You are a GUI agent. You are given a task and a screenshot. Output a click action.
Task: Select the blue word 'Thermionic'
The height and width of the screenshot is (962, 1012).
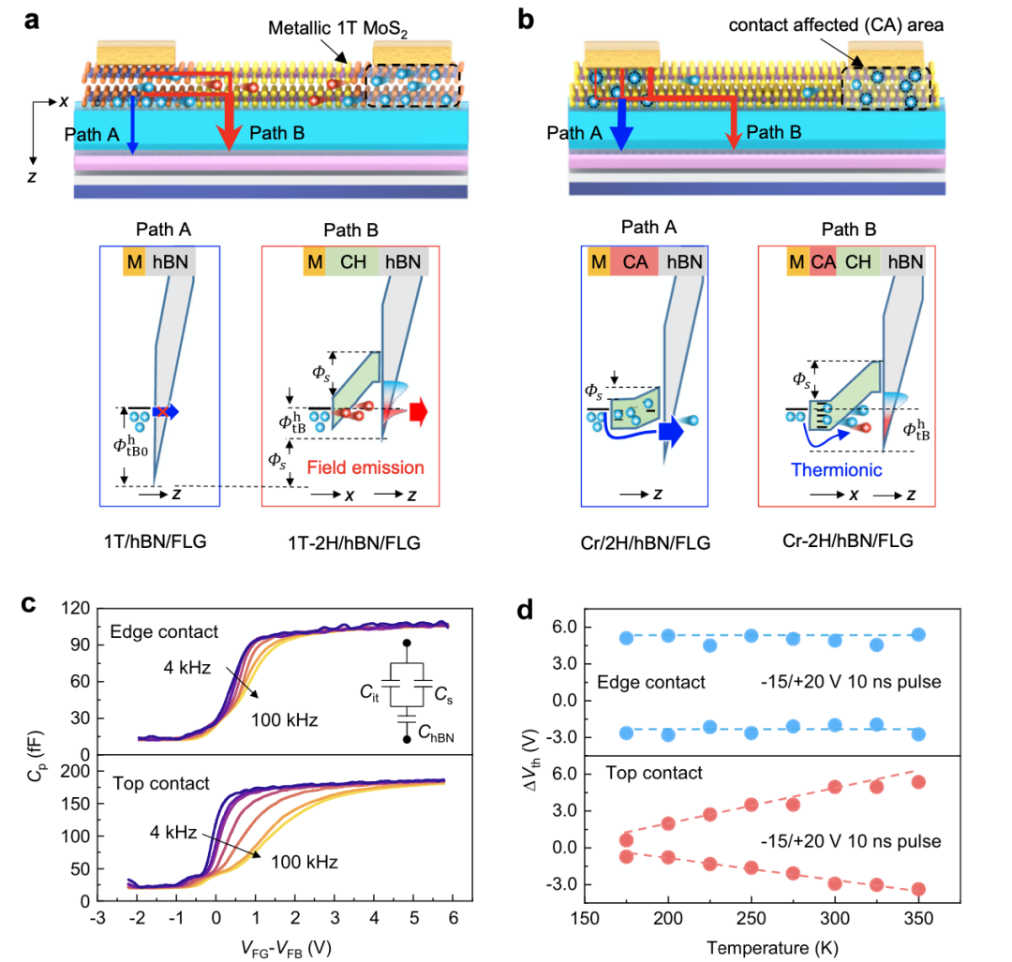point(838,469)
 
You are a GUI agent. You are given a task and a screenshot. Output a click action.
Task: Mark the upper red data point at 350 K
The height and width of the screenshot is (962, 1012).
point(918,782)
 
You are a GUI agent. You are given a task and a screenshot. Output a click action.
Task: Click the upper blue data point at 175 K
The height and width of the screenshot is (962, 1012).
point(627,639)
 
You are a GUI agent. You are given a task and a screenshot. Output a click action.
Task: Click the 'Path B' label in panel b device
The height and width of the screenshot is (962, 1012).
point(775,132)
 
